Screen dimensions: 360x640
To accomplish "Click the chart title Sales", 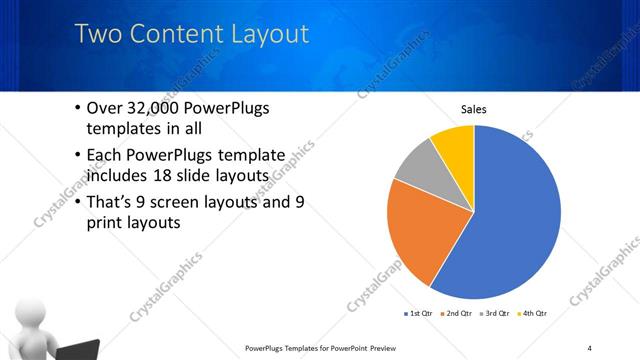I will (x=473, y=109).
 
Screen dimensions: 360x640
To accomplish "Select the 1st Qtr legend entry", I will (x=418, y=314).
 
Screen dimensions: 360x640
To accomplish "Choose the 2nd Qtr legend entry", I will (x=457, y=314).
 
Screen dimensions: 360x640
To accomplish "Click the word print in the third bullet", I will (x=110, y=223).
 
